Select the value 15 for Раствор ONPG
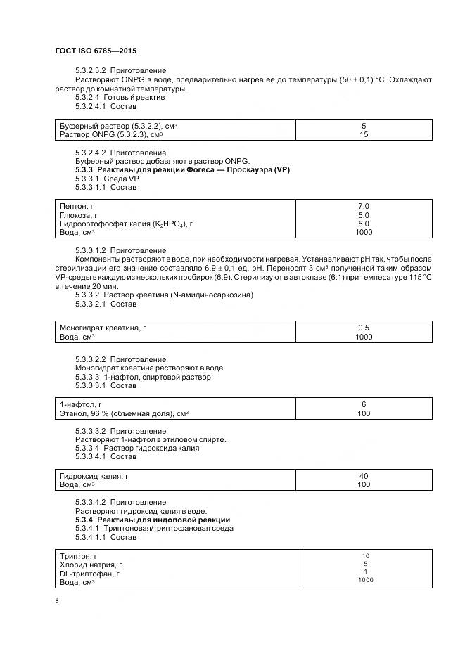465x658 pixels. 363,134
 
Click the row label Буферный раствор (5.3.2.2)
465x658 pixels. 118,126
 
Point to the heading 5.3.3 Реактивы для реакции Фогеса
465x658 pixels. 182,170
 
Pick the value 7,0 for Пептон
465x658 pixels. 363,205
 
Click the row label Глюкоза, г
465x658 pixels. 79,214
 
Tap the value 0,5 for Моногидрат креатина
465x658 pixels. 363,328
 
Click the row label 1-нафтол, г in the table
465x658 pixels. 81,404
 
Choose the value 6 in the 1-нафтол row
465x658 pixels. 363,404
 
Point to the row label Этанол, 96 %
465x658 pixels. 124,413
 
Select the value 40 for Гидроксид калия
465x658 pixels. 363,476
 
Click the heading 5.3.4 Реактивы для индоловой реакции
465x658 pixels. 153,520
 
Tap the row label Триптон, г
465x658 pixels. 78,555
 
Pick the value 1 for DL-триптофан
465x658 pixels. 365,572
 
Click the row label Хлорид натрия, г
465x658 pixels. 91,565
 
